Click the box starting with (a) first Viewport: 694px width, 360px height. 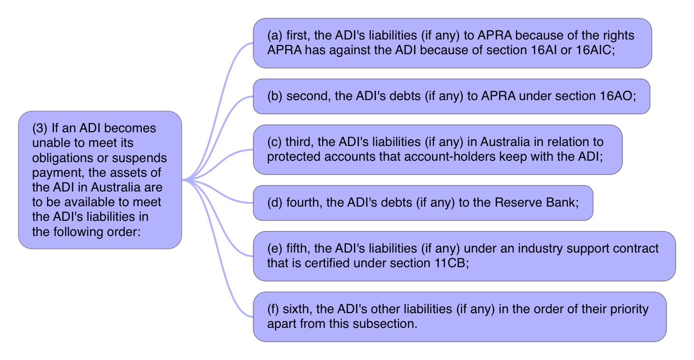click(452, 43)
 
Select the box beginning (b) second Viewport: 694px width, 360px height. click(451, 96)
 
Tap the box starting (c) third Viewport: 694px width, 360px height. click(437, 150)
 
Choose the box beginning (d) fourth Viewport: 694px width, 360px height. click(423, 203)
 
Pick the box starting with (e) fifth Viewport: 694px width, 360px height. click(464, 256)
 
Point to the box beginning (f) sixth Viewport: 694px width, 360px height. click(459, 317)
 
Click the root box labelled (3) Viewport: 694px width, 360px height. click(100, 180)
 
